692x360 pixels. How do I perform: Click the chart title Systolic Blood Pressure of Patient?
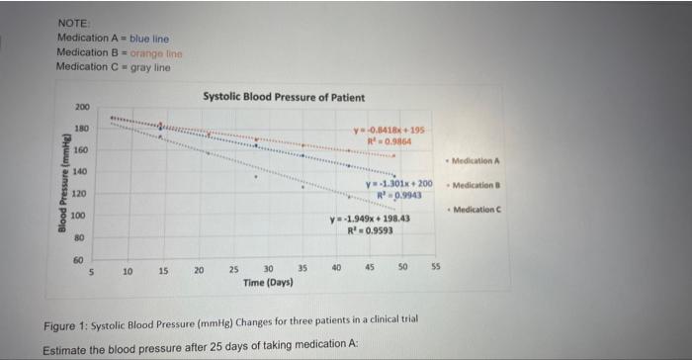pos(284,97)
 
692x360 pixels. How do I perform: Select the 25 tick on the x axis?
pos(233,268)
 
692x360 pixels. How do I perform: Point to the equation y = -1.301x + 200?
pos(399,184)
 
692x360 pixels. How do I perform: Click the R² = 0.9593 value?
pos(369,232)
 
